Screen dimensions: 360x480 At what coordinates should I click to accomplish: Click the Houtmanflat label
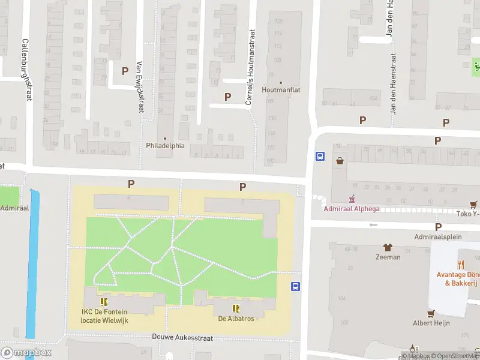click(281, 90)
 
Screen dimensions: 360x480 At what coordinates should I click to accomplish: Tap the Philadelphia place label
click(165, 145)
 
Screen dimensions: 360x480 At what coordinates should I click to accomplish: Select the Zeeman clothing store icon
click(388, 247)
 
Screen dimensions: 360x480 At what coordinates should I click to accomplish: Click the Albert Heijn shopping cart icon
click(430, 313)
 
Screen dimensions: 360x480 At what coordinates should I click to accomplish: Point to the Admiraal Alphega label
click(352, 209)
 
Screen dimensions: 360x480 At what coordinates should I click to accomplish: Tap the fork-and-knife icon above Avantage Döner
click(461, 264)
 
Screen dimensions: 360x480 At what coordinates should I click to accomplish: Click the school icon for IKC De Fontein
click(103, 302)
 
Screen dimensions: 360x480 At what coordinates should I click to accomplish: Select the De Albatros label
click(236, 318)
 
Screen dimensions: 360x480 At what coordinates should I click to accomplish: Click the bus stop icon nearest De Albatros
click(295, 286)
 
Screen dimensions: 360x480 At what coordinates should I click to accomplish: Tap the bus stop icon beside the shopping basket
click(320, 157)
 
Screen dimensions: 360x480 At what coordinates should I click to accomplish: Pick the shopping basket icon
click(340, 160)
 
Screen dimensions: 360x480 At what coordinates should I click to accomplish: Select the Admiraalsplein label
click(438, 236)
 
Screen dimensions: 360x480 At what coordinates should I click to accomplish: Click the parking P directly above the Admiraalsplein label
click(438, 227)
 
